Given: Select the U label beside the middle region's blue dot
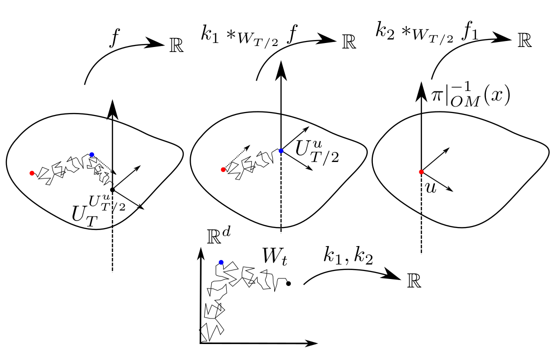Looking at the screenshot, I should (303, 149).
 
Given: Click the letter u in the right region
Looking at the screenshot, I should (430, 187).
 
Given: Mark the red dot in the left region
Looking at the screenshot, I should (32, 173).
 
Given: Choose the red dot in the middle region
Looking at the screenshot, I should (223, 170).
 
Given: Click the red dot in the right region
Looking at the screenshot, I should (421, 172).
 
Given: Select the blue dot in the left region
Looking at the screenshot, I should (92, 154).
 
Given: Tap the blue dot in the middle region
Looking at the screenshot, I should (281, 150).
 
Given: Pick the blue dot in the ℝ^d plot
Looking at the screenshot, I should (221, 262).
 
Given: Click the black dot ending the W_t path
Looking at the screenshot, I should (289, 283).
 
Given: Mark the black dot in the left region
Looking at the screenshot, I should (113, 189).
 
